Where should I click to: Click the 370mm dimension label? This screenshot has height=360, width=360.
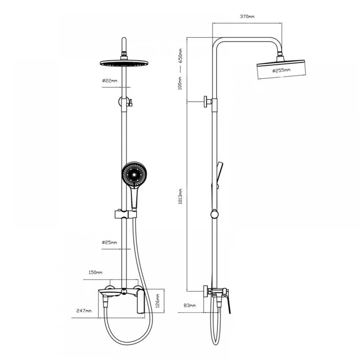(247, 16)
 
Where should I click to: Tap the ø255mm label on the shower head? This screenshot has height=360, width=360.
(281, 70)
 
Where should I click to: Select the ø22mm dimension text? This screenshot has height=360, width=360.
(109, 81)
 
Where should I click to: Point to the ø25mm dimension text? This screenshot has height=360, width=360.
(109, 242)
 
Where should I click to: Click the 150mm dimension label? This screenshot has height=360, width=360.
(95, 273)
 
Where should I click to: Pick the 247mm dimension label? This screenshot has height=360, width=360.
(84, 311)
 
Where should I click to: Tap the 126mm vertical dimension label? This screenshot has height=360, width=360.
(158, 301)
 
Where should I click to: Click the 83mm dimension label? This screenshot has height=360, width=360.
(190, 305)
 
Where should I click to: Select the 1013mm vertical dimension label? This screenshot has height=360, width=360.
(180, 197)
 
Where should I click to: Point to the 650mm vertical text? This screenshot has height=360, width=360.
(180, 56)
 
